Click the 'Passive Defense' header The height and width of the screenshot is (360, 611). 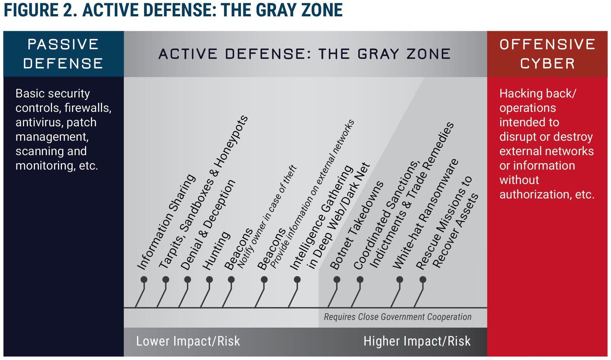point(63,54)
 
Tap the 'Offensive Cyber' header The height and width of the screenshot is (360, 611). point(547,54)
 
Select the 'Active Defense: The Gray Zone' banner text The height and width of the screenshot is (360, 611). point(305,54)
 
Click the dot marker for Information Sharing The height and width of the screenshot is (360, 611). point(144,280)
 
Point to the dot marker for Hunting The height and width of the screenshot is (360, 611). point(209,280)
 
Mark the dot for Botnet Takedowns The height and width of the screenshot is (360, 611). point(337,280)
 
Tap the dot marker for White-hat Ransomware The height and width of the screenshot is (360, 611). point(400,280)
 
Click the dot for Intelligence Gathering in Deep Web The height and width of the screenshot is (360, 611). point(297,280)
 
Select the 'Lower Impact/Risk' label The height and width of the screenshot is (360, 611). point(188,341)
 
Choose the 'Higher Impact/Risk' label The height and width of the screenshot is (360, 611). point(417,341)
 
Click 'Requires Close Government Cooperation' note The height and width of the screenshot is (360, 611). point(398,317)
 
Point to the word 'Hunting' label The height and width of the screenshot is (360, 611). point(216,251)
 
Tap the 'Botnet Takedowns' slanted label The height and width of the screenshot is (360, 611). point(356,225)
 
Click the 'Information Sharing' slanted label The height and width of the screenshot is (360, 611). point(166,222)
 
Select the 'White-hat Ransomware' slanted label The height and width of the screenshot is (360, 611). point(426,214)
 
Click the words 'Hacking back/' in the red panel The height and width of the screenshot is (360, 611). point(538,94)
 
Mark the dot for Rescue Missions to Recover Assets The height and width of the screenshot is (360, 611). point(423,280)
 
